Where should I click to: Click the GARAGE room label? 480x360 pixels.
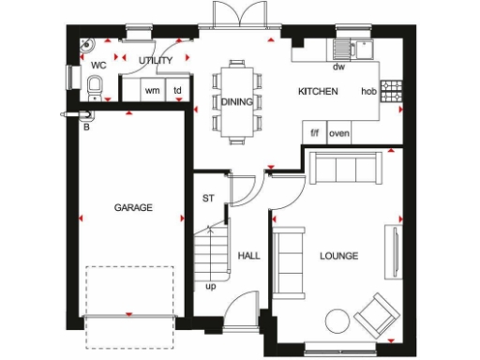(133, 207)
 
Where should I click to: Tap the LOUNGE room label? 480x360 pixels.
(338, 256)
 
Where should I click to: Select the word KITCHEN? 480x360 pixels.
(318, 92)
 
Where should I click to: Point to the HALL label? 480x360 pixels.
(248, 255)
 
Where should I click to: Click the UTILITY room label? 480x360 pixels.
(156, 61)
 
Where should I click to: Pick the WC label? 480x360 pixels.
(97, 66)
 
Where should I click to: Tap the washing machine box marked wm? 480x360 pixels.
(152, 91)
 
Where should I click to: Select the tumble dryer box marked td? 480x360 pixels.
(177, 91)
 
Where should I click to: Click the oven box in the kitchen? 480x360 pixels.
(338, 133)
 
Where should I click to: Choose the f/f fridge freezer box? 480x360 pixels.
(315, 133)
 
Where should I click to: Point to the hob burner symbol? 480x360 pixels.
(391, 91)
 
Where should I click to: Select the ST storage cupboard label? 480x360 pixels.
(209, 199)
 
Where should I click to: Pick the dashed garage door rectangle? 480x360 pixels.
(131, 292)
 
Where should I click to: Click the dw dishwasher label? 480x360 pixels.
(338, 67)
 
